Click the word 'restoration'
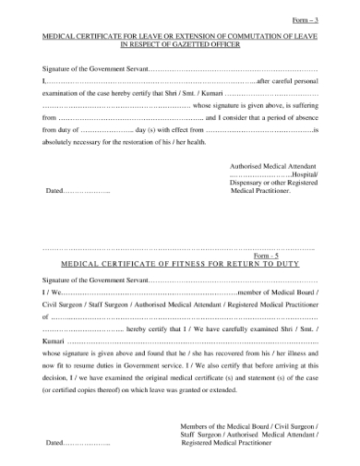coord(151,143)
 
